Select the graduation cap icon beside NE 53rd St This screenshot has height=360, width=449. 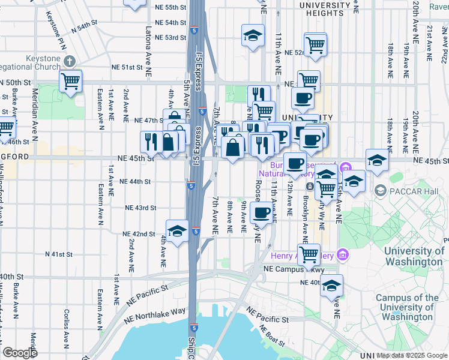tap(253, 35)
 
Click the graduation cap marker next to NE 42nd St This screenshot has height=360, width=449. tap(177, 231)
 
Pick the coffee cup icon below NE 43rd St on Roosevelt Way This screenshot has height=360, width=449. tap(261, 212)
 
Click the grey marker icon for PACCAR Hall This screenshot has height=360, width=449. tap(380, 190)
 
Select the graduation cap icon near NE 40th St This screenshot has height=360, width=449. tap(331, 286)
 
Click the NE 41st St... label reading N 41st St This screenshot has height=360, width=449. tap(59, 254)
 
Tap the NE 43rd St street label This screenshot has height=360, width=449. tap(140, 208)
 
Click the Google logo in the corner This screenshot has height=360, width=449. tap(20, 353)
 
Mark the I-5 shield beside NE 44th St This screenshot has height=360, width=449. tap(191, 185)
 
